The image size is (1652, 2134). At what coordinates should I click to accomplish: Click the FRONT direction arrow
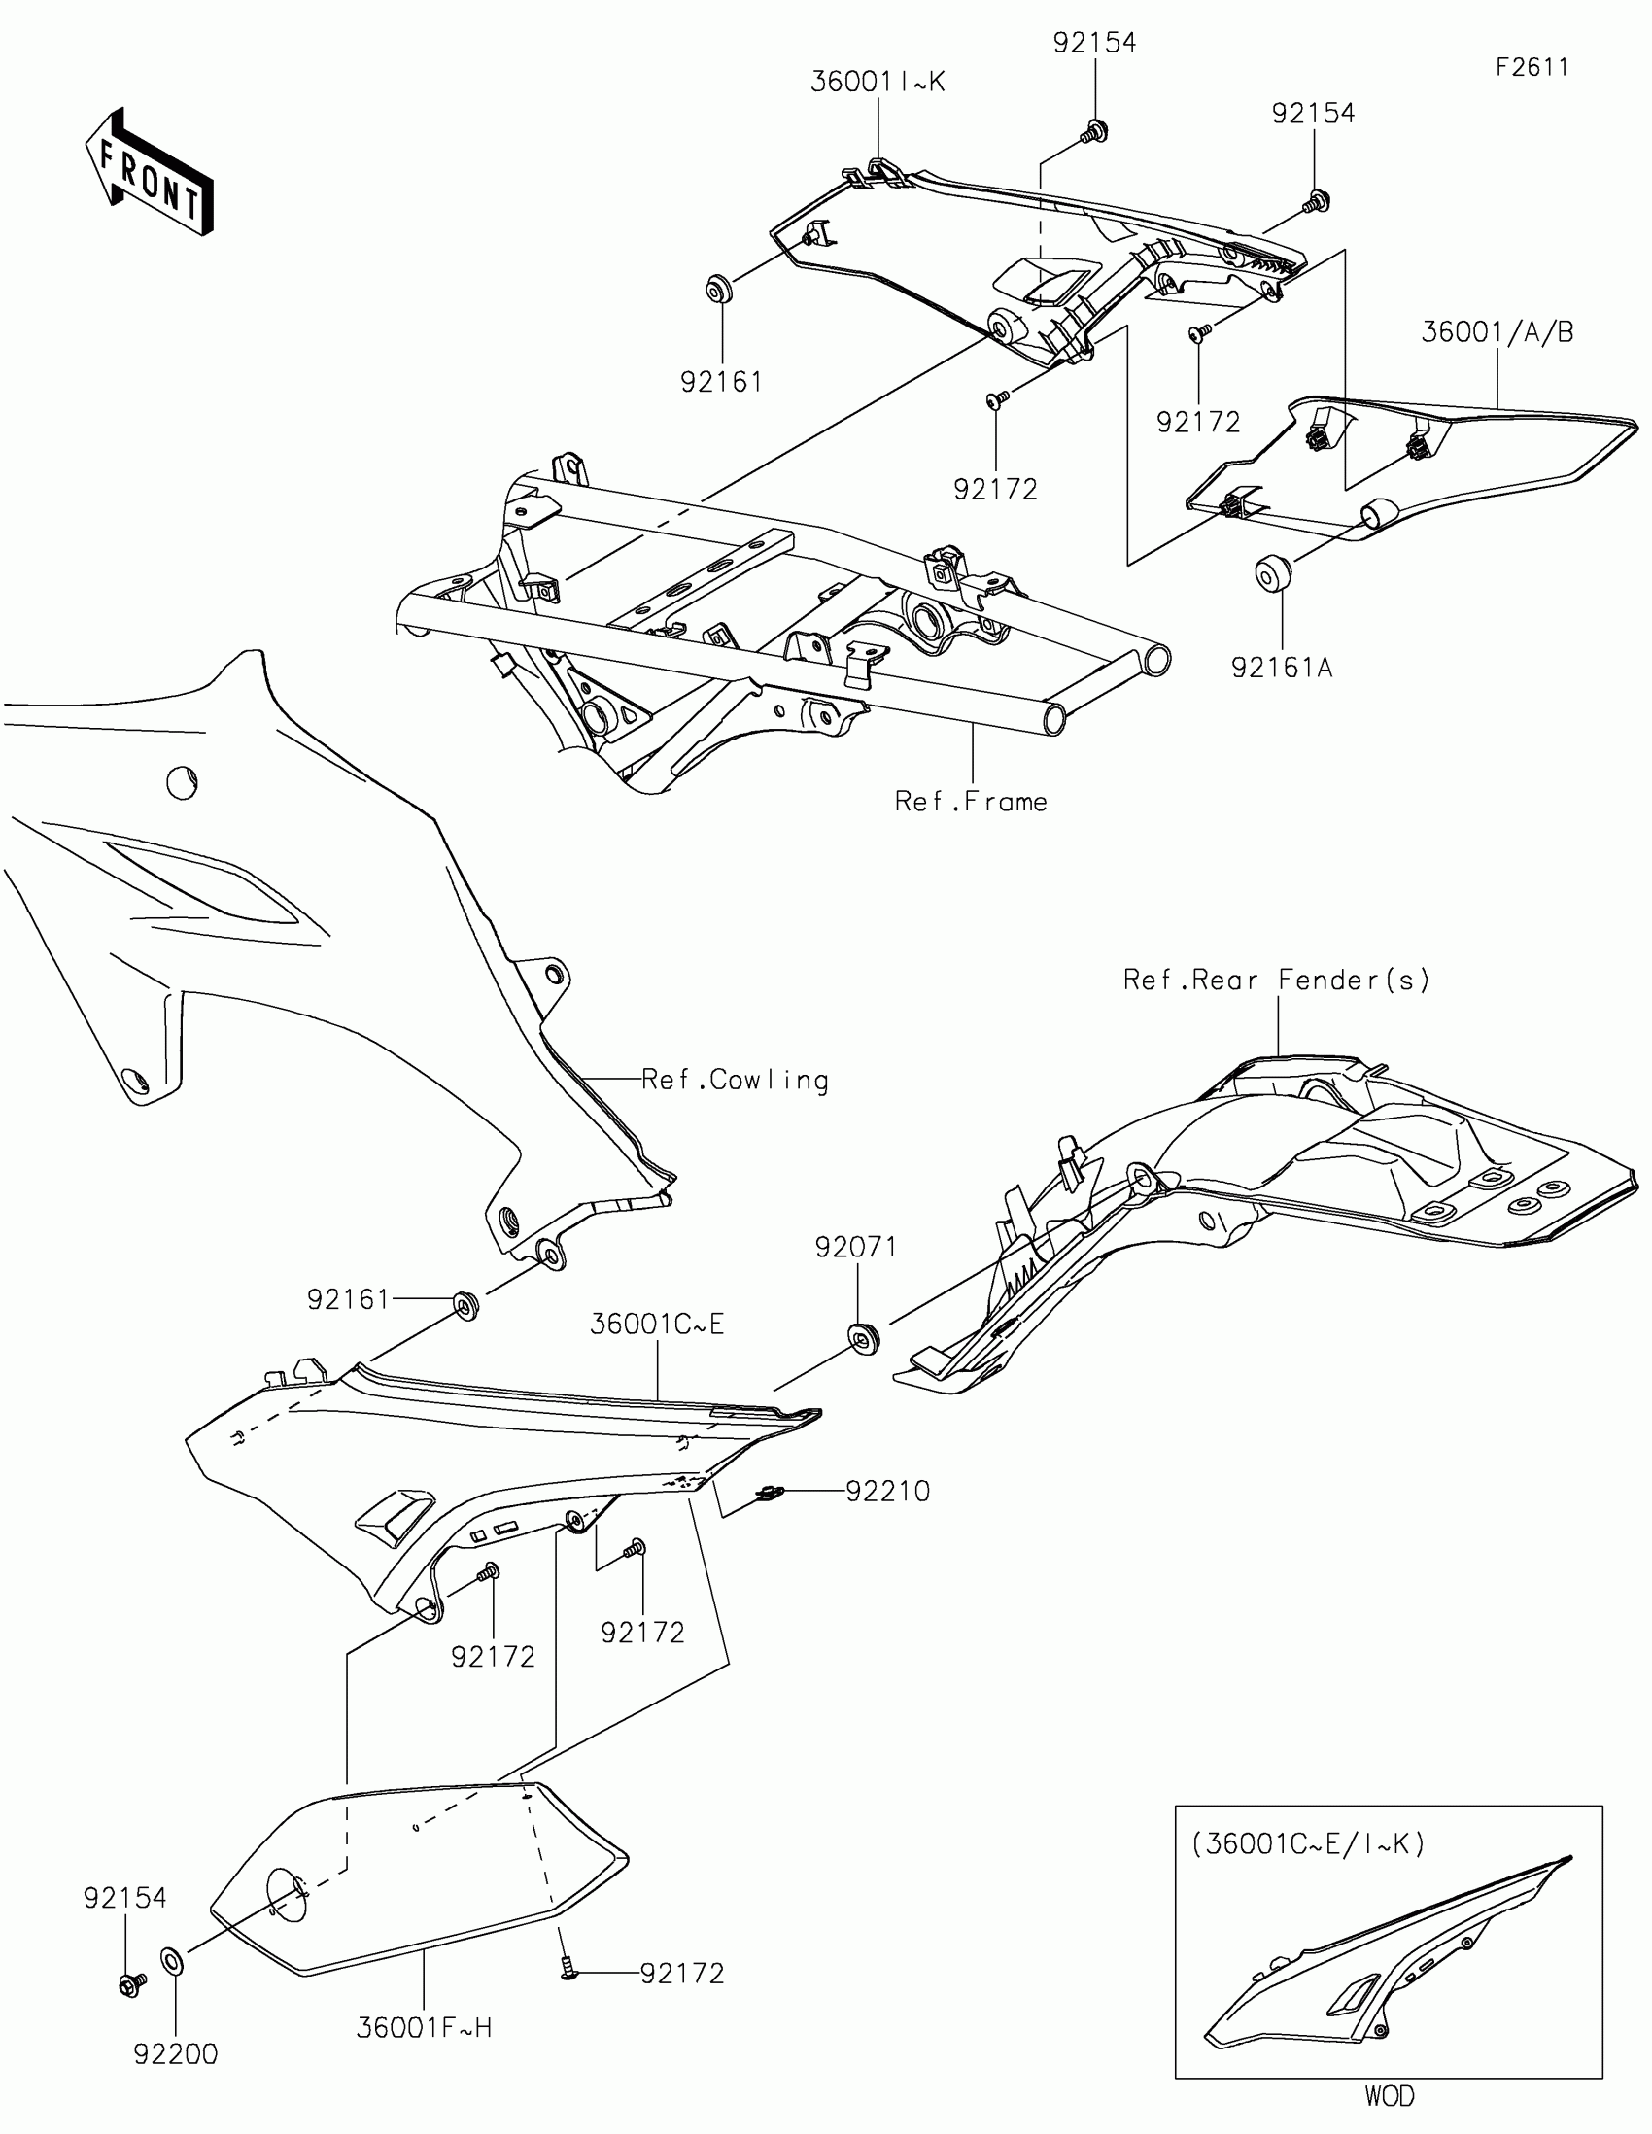149,171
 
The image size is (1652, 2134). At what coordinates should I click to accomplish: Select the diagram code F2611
1532,67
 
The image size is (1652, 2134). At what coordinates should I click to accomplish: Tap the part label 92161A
1282,668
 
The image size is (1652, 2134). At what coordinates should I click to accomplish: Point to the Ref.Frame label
971,803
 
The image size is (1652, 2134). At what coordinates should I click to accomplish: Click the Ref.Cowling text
735,1080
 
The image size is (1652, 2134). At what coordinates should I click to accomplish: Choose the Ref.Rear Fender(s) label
1277,981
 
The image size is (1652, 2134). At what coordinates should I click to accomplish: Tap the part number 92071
856,1247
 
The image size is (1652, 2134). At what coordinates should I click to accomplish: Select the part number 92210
887,1491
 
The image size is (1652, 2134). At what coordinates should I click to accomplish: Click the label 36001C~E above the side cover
658,1324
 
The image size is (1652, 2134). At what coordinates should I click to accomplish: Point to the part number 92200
176,2055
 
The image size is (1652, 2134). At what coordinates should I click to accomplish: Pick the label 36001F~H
424,2028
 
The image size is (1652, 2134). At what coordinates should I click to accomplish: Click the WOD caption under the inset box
1389,2097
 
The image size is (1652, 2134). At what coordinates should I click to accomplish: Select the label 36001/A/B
1497,332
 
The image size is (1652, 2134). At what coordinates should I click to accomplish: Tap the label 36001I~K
878,82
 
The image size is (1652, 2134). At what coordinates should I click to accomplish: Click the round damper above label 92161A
1270,572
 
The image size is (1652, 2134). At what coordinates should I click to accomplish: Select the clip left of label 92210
771,1493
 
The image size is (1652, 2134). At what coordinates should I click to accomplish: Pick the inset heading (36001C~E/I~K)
1308,1843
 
